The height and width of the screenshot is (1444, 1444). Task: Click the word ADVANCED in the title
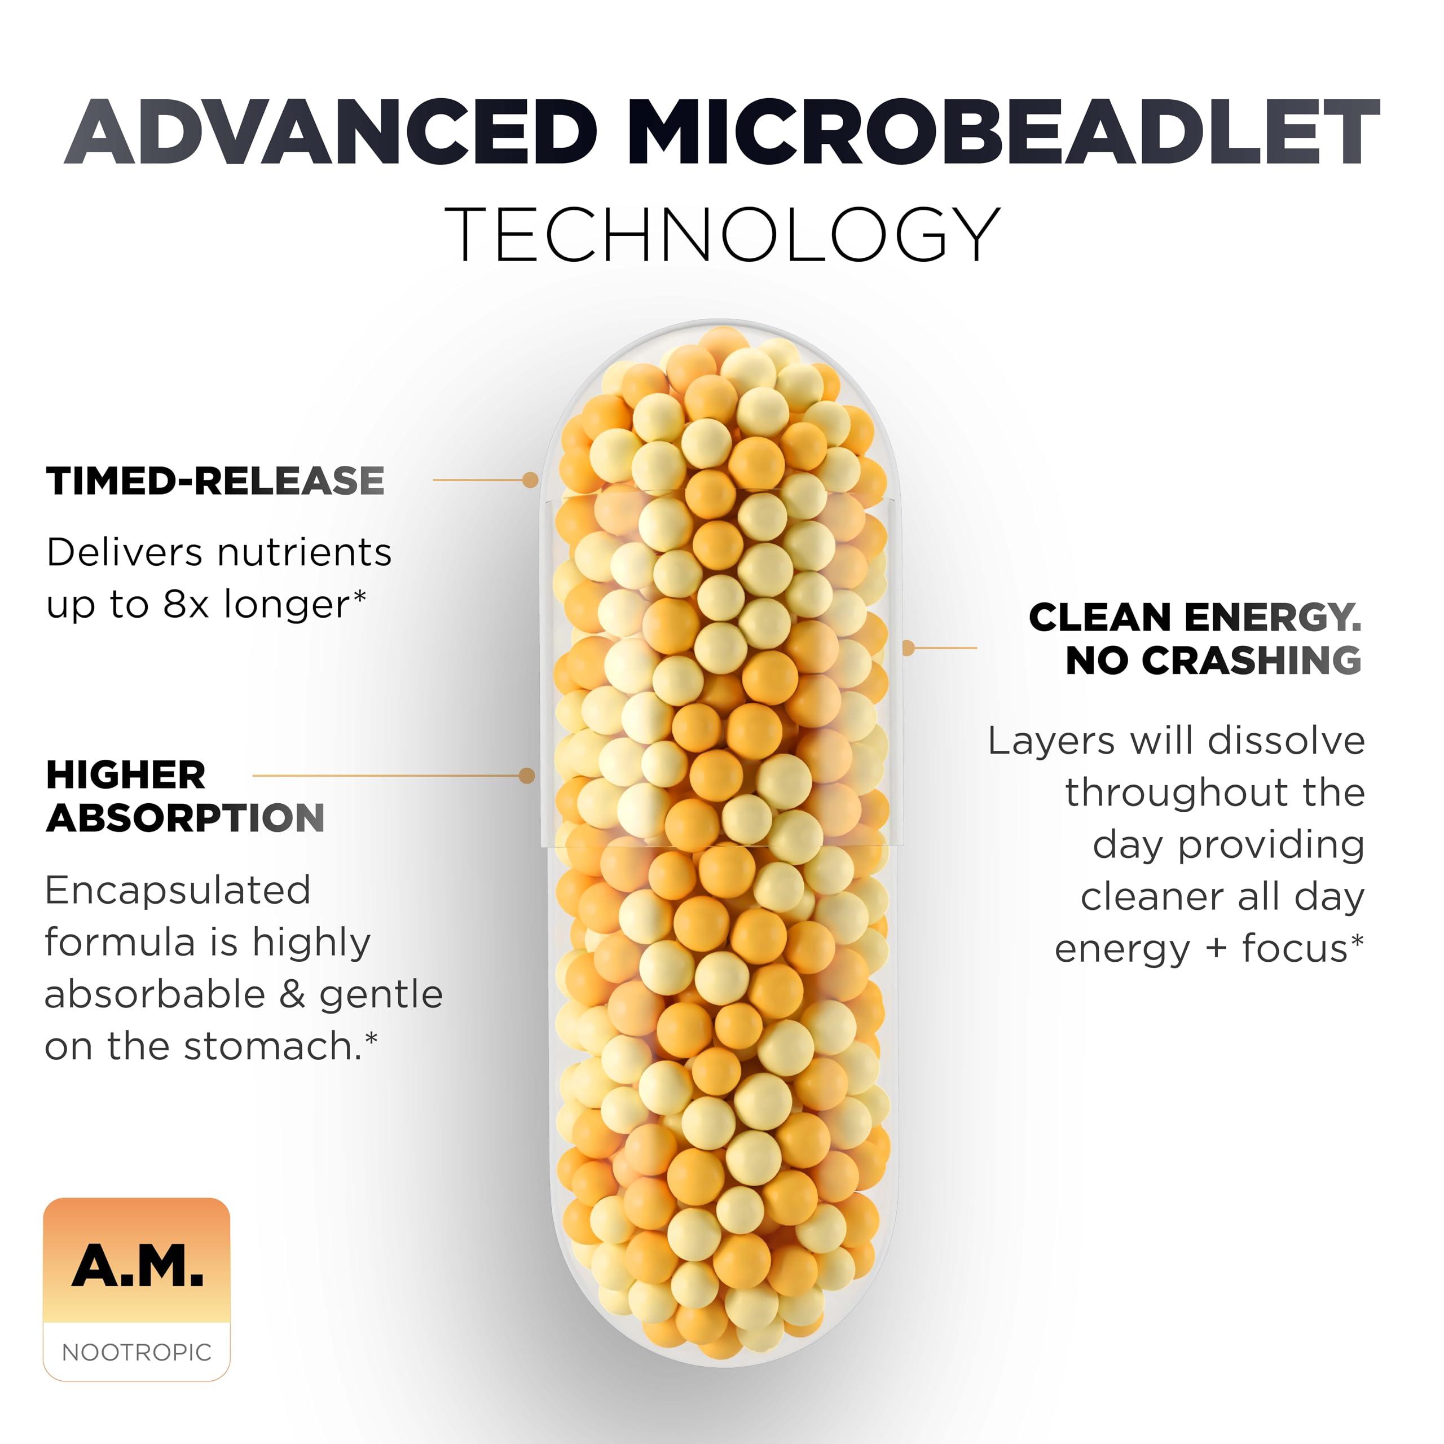(332, 133)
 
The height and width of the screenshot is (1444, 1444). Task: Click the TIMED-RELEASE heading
(215, 481)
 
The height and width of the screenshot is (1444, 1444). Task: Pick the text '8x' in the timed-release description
(186, 605)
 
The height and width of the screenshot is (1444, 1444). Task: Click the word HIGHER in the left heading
(126, 774)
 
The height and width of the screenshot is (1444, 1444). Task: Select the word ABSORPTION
(186, 818)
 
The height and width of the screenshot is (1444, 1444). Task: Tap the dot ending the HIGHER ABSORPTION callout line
(527, 775)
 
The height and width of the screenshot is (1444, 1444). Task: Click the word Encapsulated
(177, 890)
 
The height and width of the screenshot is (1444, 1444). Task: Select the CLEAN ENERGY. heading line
(1195, 617)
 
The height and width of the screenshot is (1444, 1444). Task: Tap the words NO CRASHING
(1213, 660)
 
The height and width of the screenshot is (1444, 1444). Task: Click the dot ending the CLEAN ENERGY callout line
(908, 647)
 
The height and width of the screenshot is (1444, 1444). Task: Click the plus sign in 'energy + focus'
(1216, 949)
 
